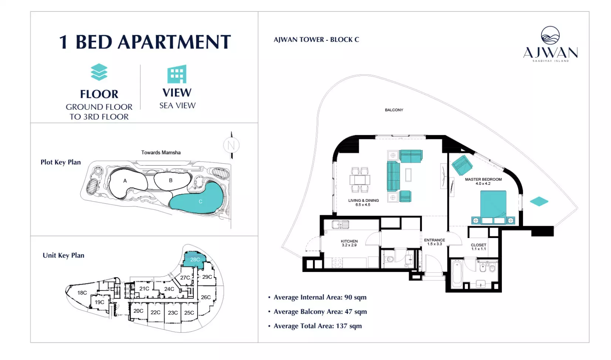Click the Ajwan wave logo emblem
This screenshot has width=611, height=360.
click(550, 35)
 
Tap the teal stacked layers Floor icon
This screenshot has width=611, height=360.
click(99, 72)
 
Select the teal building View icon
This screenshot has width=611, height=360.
click(177, 74)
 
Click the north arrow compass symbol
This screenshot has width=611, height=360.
click(231, 145)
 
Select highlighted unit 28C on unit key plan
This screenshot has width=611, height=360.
click(195, 259)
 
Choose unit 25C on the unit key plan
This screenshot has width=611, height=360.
click(189, 313)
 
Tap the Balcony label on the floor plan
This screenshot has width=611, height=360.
click(394, 110)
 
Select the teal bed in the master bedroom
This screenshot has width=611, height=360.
click(493, 207)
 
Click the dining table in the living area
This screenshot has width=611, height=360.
click(360, 180)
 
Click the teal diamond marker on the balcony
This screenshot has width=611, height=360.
click(539, 201)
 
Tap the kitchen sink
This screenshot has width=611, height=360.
click(340, 225)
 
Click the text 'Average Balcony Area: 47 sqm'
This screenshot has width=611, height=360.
click(320, 312)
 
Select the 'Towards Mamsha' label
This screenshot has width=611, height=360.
click(161, 152)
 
